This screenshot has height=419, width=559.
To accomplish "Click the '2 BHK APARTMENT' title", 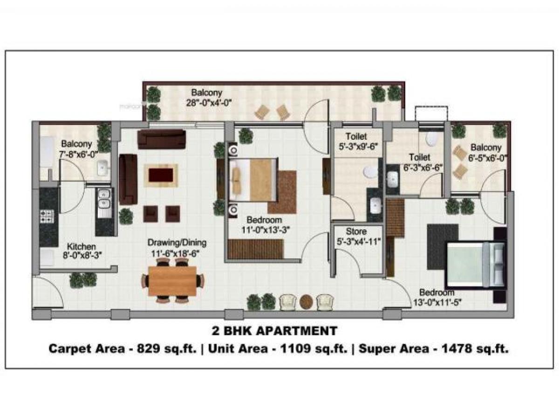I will [274, 331].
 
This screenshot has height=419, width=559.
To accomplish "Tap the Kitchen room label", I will [82, 250].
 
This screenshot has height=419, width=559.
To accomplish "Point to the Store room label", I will [356, 236].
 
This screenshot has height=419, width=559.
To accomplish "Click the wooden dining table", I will [172, 281].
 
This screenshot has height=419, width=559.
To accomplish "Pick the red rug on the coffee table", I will [160, 175].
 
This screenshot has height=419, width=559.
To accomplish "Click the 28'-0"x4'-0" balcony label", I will [206, 97].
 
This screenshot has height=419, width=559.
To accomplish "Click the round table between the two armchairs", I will [306, 302].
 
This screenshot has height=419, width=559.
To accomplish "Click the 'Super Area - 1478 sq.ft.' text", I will [433, 349].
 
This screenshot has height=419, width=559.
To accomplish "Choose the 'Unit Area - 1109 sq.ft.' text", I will [277, 349].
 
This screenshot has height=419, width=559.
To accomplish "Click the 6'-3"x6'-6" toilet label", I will [419, 162].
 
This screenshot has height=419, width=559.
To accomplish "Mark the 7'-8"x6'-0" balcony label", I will [76, 149].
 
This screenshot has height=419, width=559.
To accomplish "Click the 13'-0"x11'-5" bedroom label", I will [436, 297].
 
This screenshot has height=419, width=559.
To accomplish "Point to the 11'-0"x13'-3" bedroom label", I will [265, 224].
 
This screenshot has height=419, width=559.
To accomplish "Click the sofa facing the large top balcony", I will [162, 139].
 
